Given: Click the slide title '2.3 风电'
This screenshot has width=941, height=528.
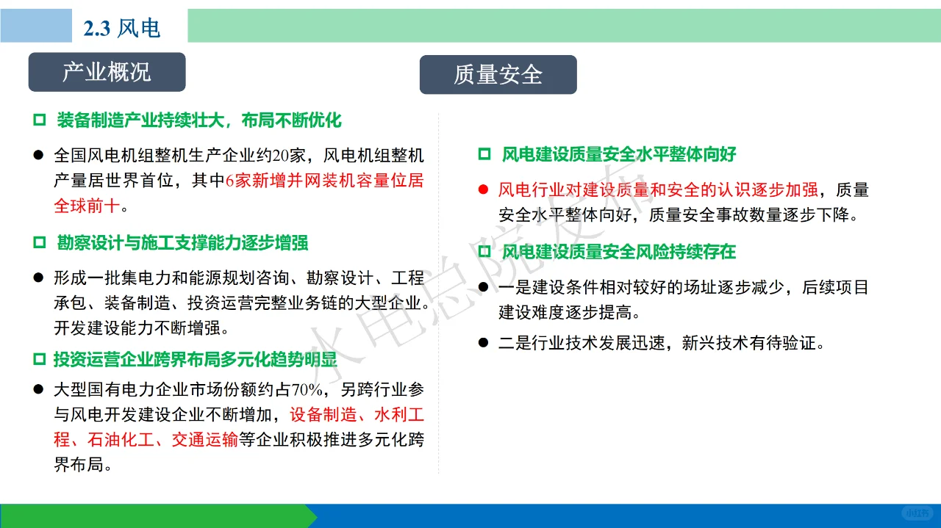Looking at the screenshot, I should pyautogui.click(x=121, y=28).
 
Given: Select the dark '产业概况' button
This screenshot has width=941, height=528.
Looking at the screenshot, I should pyautogui.click(x=107, y=72).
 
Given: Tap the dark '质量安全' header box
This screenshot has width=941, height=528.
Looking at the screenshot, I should pyautogui.click(x=498, y=75).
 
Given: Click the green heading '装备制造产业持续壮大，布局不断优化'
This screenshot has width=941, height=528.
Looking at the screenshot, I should pyautogui.click(x=198, y=120).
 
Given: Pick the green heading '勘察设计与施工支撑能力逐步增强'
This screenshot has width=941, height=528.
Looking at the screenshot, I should pyautogui.click(x=182, y=243).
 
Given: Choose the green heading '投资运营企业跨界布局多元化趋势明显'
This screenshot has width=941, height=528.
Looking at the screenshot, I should pyautogui.click(x=195, y=360).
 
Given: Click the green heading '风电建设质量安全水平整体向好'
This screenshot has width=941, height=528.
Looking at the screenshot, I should pyautogui.click(x=618, y=154).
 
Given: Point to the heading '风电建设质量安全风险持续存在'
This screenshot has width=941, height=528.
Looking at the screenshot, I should pyautogui.click(x=618, y=252).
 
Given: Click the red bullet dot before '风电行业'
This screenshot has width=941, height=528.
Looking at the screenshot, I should pyautogui.click(x=483, y=190).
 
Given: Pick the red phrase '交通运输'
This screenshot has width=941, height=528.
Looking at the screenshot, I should pyautogui.click(x=204, y=440).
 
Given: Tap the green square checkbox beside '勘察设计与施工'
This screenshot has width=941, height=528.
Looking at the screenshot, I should pyautogui.click(x=39, y=243).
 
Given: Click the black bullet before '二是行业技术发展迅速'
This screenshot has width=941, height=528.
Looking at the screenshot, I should pyautogui.click(x=483, y=343).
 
